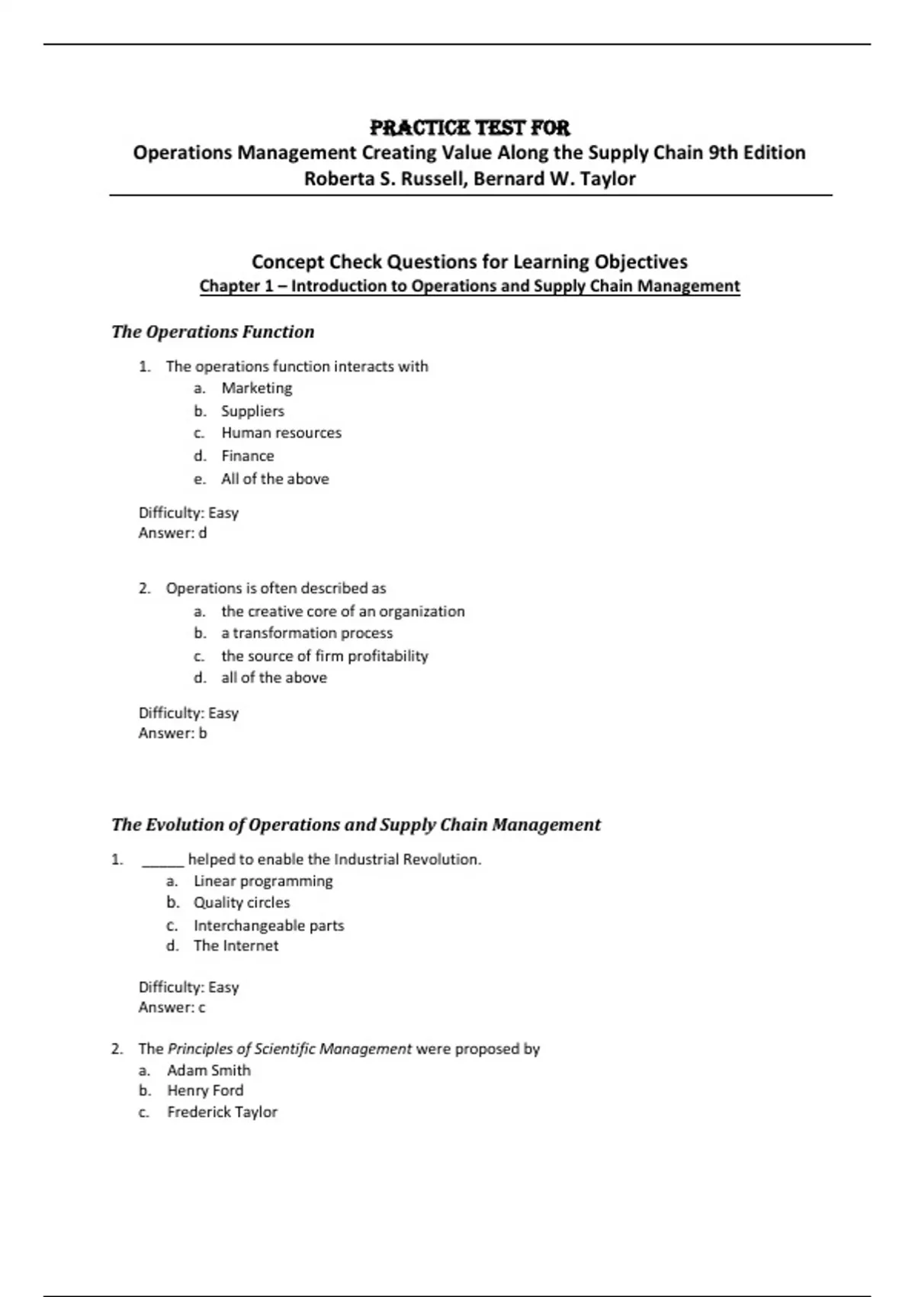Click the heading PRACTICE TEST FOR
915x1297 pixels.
[469, 127]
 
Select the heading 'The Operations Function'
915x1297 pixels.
[213, 332]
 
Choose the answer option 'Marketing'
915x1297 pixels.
[256, 388]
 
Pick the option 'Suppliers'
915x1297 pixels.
[252, 411]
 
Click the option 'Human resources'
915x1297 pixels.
[281, 433]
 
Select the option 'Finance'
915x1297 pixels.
[247, 456]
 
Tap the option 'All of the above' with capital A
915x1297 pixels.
[274, 479]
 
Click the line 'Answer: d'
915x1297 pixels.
[172, 533]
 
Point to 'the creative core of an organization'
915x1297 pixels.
[342, 611]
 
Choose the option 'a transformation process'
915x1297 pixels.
[307, 633]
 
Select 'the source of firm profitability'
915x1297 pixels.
[324, 656]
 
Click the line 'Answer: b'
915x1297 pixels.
[172, 733]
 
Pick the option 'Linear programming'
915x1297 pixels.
[263, 881]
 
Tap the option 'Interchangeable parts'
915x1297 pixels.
[268, 925]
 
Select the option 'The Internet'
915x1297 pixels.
[236, 946]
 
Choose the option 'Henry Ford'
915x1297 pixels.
[205, 1091]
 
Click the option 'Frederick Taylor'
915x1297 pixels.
[222, 1112]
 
